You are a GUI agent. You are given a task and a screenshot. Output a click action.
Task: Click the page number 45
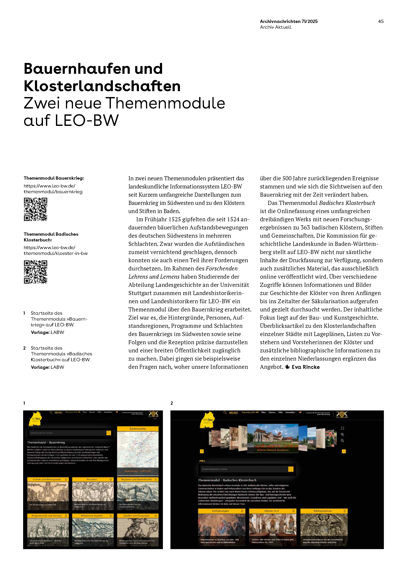tap(381, 21)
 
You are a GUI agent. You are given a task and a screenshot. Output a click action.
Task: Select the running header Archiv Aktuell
tap(275, 27)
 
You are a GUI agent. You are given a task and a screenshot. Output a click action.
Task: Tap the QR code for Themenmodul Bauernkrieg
tap(36, 209)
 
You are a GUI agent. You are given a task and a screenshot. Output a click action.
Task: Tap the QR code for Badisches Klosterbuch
tap(36, 272)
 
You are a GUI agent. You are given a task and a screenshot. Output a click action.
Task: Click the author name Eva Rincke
tap(306, 367)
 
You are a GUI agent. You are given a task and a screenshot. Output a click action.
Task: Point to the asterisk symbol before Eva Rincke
tap(287, 367)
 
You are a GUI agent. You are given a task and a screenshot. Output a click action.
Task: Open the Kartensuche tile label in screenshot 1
tap(138, 428)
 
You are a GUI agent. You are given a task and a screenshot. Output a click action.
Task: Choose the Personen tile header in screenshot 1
tap(92, 479)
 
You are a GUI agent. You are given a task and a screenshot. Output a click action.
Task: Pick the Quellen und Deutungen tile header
tap(137, 516)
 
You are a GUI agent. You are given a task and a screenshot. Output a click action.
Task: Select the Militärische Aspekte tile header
tap(92, 516)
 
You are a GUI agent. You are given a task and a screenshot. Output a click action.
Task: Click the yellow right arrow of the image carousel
tap(344, 451)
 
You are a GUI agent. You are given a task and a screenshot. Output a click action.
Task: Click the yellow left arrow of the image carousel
tap(202, 451)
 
